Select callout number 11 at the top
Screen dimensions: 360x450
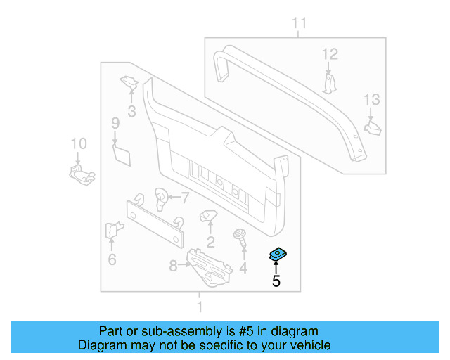click(x=300, y=25)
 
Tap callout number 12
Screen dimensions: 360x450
click(x=330, y=53)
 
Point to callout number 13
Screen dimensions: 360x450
click(x=371, y=100)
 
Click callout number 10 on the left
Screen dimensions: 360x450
click(x=78, y=144)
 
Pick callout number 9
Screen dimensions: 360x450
click(x=115, y=124)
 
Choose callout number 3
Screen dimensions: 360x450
click(x=131, y=111)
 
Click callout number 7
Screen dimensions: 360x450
click(x=186, y=197)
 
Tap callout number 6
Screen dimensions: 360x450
click(x=112, y=260)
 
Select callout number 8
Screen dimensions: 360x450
click(x=174, y=265)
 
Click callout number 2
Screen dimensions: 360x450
click(x=210, y=243)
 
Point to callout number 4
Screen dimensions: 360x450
click(x=243, y=268)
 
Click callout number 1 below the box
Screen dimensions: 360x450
click(x=199, y=307)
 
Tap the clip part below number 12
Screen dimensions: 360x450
click(x=330, y=81)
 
